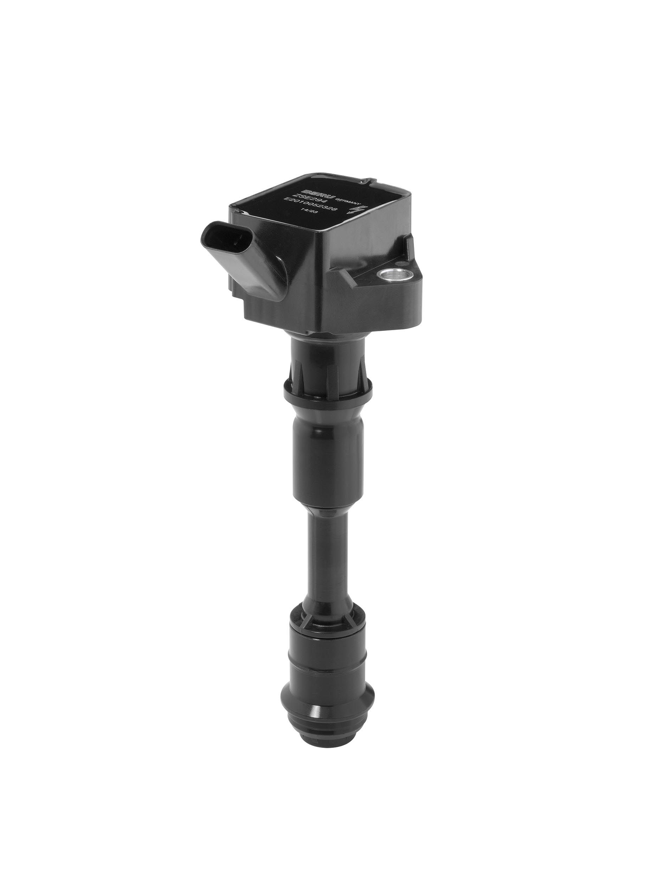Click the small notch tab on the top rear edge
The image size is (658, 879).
(x=366, y=183)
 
